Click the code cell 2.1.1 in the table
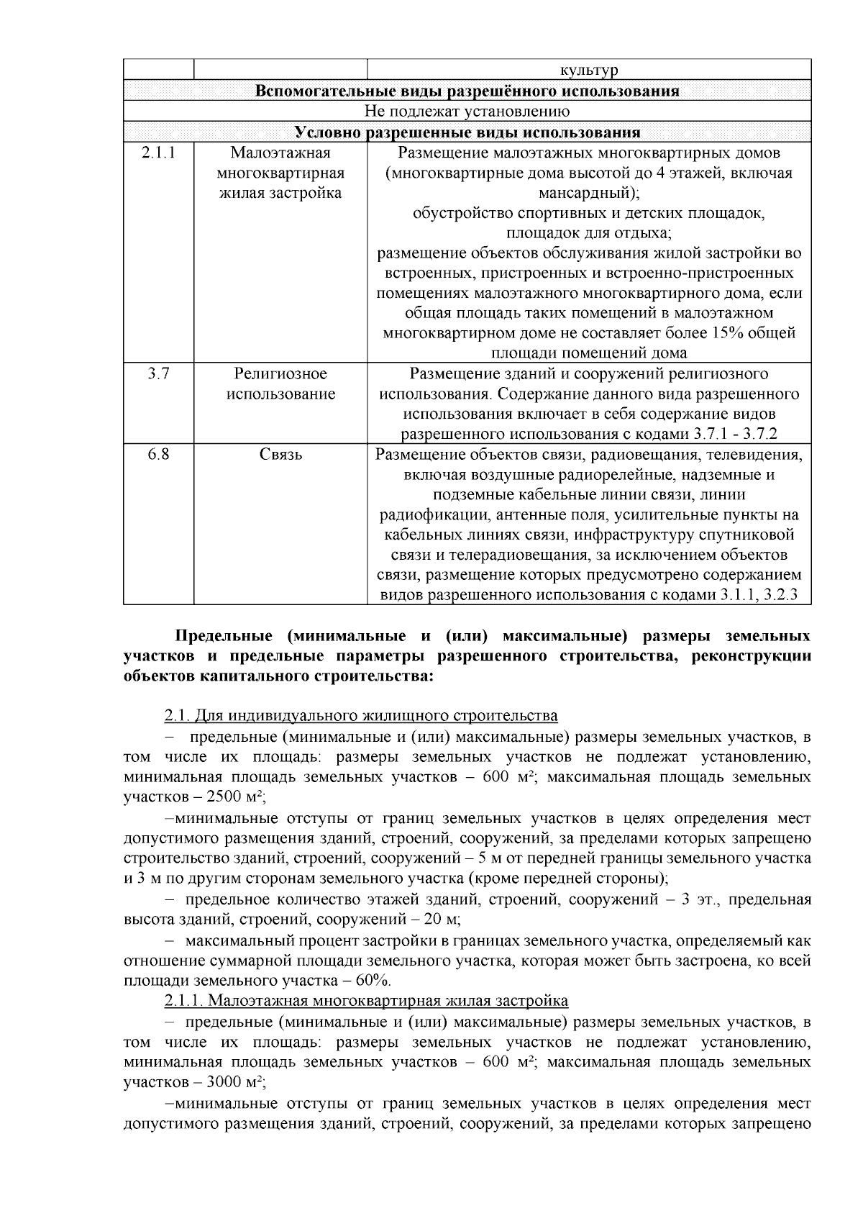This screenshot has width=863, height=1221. [158, 153]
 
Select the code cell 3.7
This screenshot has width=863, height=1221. [158, 373]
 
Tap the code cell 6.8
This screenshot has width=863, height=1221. [158, 455]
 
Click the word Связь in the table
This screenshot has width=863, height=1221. [280, 455]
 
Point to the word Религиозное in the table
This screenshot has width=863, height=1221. [280, 373]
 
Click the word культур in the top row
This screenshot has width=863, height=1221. [589, 70]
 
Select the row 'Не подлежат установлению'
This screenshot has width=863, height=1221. [467, 111]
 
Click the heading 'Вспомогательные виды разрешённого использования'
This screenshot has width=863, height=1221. [467, 91]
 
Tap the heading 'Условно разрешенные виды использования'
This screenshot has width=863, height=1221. [467, 132]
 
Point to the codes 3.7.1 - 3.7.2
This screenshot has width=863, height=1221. [735, 435]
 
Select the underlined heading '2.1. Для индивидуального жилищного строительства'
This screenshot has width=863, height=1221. [361, 716]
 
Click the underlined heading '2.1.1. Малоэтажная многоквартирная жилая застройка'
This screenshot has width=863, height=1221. [366, 1001]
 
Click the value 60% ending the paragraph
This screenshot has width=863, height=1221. [373, 981]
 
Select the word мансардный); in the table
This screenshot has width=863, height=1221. [589, 194]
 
